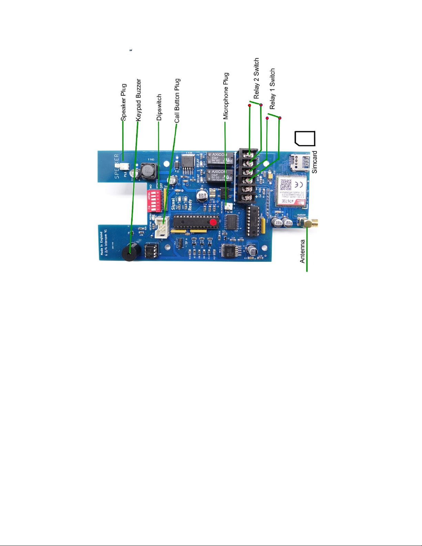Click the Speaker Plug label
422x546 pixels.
pyautogui.click(x=124, y=102)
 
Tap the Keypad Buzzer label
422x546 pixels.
pyautogui.click(x=138, y=100)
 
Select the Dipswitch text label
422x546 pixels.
pyautogui.click(x=159, y=107)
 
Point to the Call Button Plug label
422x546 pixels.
pyautogui.click(x=177, y=101)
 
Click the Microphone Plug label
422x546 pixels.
pyautogui.click(x=226, y=96)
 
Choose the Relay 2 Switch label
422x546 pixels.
pyautogui.click(x=256, y=79)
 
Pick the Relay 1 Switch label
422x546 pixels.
pyautogui.click(x=272, y=89)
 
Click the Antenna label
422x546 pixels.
pyautogui.click(x=302, y=251)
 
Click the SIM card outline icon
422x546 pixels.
pyautogui.click(x=305, y=139)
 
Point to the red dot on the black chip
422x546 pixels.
pyautogui.click(x=214, y=222)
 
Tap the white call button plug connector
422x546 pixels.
pyautogui.click(x=162, y=227)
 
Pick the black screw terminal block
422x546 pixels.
pyautogui.click(x=248, y=175)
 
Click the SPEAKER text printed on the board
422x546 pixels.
pyautogui.click(x=117, y=166)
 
